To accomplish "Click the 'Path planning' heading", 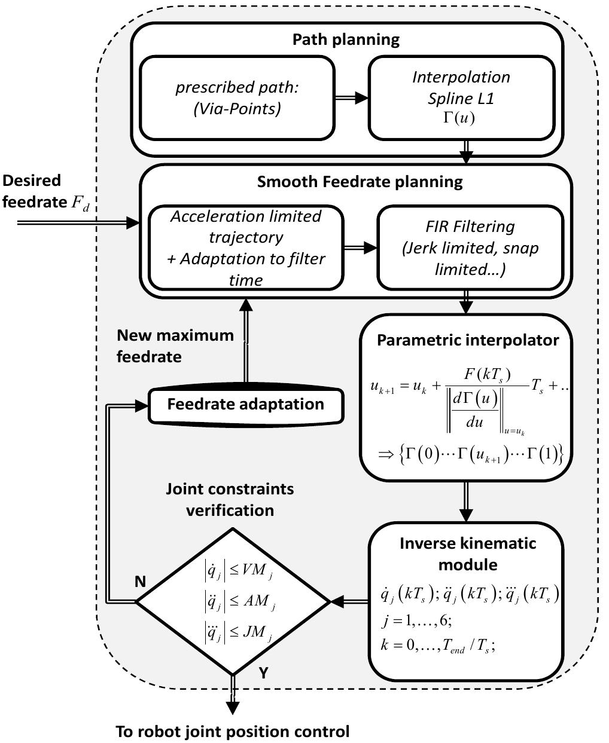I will [x=346, y=40].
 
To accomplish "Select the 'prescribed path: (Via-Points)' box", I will [x=236, y=97].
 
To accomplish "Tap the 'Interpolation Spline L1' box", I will [x=461, y=97].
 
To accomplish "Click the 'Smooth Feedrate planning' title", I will [x=360, y=182].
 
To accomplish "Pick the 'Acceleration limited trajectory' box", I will [x=246, y=247].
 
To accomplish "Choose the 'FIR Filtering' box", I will [x=470, y=247].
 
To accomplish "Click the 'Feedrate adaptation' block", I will [x=245, y=404].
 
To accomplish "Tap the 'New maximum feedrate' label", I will [x=175, y=345].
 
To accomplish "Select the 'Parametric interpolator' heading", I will [x=468, y=340].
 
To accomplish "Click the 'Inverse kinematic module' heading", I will [x=468, y=554].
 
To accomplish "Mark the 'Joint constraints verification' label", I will [x=230, y=499].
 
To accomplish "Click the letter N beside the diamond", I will [x=140, y=581].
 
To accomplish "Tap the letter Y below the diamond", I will [x=263, y=674].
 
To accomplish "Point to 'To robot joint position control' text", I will [x=232, y=731].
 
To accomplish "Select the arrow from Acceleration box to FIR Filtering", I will [x=360, y=247].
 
